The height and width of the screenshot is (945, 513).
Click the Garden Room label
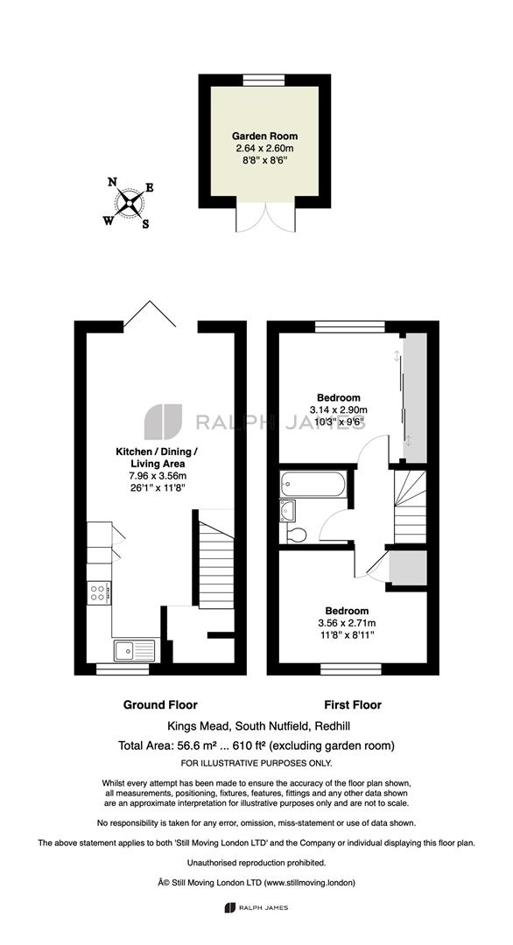pos(265,136)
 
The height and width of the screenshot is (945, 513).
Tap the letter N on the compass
pos(111,181)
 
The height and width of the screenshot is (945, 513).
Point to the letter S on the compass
pos(145,224)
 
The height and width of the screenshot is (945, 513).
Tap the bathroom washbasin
pos(287,510)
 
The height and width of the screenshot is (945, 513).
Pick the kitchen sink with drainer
pos(135,650)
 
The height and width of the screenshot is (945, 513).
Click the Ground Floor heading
pos(160,704)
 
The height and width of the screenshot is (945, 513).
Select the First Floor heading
pos(353,704)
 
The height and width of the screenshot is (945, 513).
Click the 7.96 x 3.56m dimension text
pos(158,476)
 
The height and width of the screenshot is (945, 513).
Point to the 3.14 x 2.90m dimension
pos(339,409)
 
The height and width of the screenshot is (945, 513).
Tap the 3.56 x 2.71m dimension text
pos(342,623)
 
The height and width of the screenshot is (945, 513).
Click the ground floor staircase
pos(216,558)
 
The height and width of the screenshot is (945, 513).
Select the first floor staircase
pos(410,507)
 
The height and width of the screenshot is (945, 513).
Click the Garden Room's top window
pos(264,79)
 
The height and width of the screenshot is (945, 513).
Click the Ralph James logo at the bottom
pos(256,907)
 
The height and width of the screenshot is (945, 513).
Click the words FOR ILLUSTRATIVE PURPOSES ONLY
pos(256,763)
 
